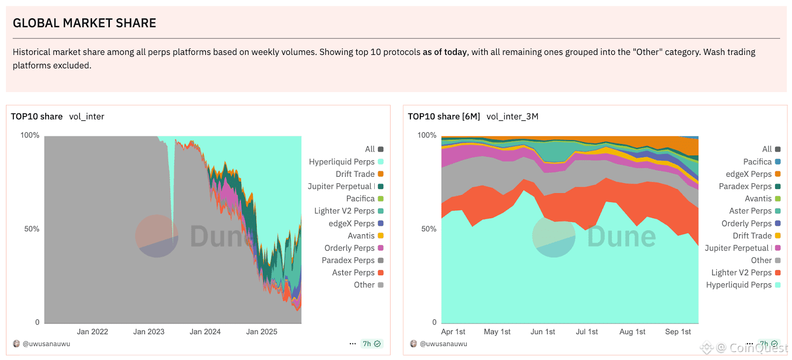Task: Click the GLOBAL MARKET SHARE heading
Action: [x=84, y=23]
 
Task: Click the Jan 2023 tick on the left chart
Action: [x=148, y=332]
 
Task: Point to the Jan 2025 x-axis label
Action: [x=261, y=332]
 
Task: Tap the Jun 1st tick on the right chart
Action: [x=543, y=332]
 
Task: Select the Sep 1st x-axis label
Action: [x=678, y=332]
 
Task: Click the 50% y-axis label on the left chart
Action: [x=32, y=229]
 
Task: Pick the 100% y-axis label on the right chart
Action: [x=427, y=135]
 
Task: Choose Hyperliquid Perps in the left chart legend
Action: [x=342, y=162]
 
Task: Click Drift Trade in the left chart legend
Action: [x=355, y=174]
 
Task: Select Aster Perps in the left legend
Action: [x=353, y=273]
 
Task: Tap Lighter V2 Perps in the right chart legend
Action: [x=741, y=273]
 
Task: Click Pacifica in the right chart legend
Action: [x=757, y=162]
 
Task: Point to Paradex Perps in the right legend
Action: [x=745, y=187]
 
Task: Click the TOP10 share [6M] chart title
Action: [x=444, y=116]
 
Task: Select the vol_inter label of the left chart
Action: [x=87, y=116]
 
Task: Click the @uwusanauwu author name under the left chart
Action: [x=47, y=344]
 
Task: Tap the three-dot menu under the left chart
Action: [x=352, y=344]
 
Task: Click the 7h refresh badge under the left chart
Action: [x=371, y=344]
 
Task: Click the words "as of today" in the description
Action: [x=445, y=52]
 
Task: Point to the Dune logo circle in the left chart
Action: [x=157, y=236]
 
